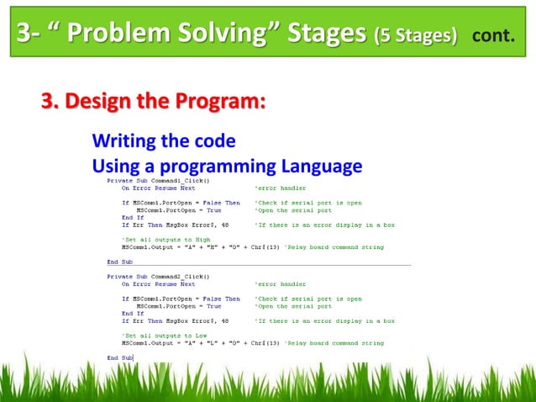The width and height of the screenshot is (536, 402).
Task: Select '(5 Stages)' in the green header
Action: (416, 36)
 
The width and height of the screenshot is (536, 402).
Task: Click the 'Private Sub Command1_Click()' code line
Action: (157, 180)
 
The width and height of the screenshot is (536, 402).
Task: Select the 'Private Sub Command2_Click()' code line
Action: (157, 276)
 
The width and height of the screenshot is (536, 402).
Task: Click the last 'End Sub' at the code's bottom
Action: (119, 358)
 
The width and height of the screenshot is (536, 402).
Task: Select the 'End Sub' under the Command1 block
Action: (119, 262)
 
